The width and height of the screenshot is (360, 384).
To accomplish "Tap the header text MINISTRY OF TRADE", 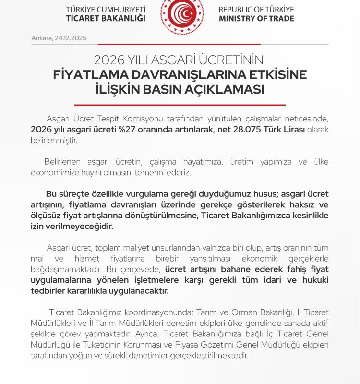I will (x=256, y=19).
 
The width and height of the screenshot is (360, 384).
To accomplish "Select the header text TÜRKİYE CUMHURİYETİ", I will (x=106, y=10).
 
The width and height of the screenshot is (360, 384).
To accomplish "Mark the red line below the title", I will (x=180, y=105).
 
